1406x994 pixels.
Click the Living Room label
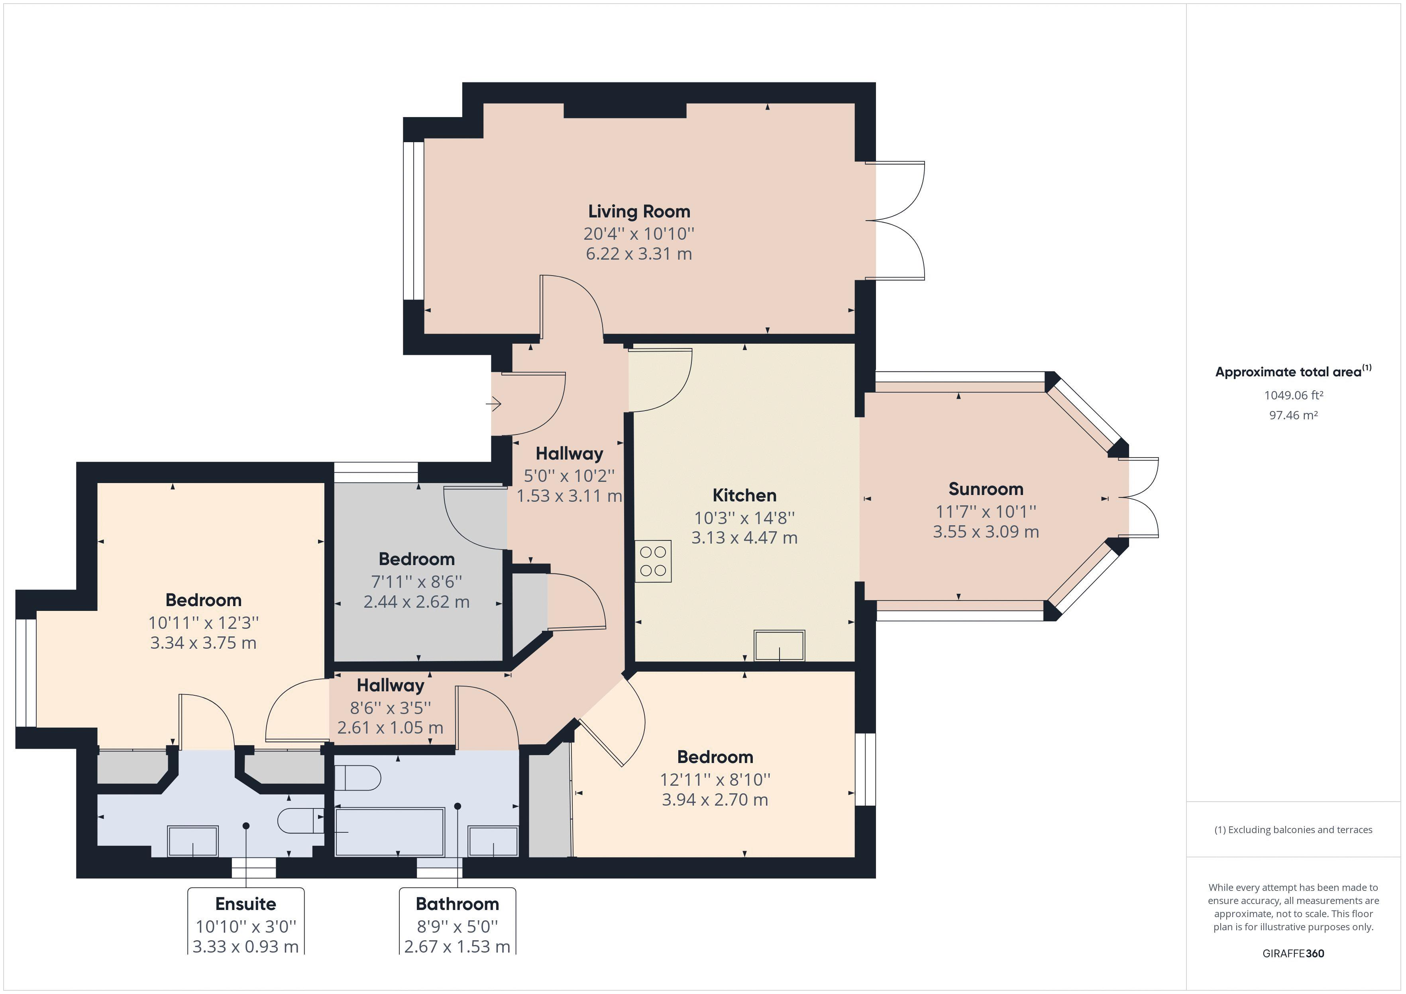click(x=639, y=212)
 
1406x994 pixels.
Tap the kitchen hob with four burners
click(x=653, y=561)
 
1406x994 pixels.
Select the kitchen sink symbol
click(x=779, y=645)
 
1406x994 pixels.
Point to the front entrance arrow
click(x=493, y=404)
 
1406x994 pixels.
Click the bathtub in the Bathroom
click(x=389, y=832)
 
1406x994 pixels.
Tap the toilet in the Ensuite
click(x=300, y=821)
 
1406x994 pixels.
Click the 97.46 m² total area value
click(x=1293, y=415)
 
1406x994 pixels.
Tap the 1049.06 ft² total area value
click(x=1293, y=395)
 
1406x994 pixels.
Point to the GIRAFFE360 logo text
click(x=1293, y=953)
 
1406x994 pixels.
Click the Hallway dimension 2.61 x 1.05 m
click(x=390, y=728)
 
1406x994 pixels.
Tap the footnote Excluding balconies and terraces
click(x=1293, y=830)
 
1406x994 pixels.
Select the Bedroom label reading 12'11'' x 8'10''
click(x=715, y=779)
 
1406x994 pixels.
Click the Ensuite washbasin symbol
click(x=193, y=841)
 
